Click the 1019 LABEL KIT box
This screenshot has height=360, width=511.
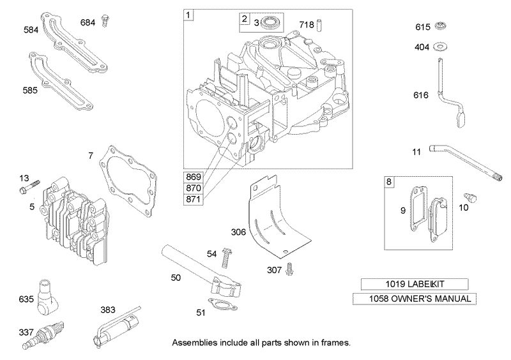pyautogui.click(x=414, y=283)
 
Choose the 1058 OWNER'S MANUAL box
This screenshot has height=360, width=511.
pyautogui.click(x=414, y=299)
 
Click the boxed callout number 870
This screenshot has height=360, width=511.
pyautogui.click(x=194, y=188)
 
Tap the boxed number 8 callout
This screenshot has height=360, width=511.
pyautogui.click(x=390, y=181)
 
